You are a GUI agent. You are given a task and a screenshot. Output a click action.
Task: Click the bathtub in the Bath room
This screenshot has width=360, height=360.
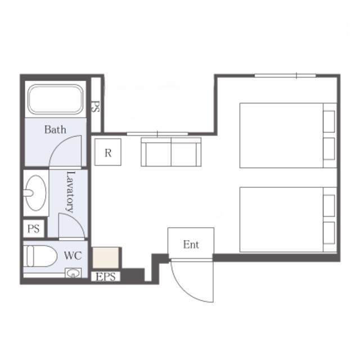(55, 99)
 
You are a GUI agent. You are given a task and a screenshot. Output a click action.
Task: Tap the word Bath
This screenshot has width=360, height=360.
(55, 130)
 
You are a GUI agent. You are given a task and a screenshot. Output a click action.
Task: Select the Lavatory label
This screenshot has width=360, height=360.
(70, 192)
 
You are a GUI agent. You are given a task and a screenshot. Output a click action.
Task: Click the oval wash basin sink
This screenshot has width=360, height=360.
(35, 193)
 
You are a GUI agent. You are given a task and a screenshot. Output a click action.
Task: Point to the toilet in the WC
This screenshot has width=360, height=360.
(40, 256)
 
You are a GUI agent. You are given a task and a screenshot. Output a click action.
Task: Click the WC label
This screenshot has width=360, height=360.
(73, 255)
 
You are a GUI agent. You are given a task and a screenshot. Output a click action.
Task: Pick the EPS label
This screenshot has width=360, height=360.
(106, 277)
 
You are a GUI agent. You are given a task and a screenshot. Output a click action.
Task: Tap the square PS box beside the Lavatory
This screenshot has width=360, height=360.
(34, 229)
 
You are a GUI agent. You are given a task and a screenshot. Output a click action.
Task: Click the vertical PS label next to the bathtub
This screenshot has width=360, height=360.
(96, 107)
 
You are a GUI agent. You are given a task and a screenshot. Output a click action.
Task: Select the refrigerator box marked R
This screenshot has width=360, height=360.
(108, 152)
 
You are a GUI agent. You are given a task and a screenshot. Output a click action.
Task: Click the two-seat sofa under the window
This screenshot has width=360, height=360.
(171, 152)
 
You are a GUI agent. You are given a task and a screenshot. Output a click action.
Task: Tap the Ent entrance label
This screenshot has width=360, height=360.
(191, 245)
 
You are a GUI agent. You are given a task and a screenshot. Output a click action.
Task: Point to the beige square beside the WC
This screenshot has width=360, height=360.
(106, 258)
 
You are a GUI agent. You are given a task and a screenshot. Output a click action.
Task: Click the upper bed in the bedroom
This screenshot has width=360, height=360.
(288, 136)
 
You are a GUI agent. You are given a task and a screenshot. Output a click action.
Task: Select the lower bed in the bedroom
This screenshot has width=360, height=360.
(288, 219)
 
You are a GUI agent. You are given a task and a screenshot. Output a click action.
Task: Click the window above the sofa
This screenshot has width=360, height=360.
(157, 134)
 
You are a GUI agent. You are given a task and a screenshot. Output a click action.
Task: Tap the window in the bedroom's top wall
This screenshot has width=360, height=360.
(285, 75)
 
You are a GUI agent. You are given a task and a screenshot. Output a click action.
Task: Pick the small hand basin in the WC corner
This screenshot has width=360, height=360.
(73, 273)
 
